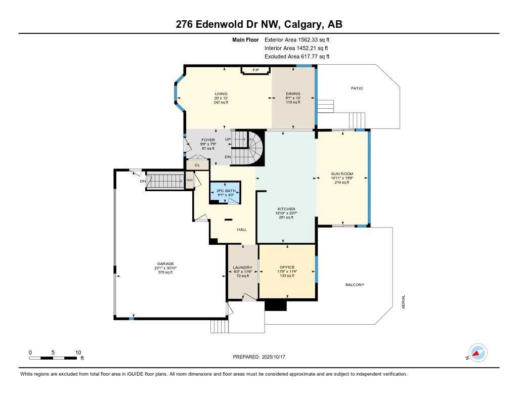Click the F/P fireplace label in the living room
click(255, 70)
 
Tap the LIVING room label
click(221, 94)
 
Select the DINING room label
click(293, 94)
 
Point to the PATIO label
click(357, 88)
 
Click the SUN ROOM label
click(342, 173)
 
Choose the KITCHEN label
click(286, 209)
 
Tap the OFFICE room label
click(287, 267)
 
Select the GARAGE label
click(165, 263)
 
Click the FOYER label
click(208, 140)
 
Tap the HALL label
click(242, 230)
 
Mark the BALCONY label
click(355, 285)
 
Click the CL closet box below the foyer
click(197, 165)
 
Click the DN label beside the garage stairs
click(143, 181)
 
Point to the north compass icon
click(478, 353)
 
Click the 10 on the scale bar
click(78, 352)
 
